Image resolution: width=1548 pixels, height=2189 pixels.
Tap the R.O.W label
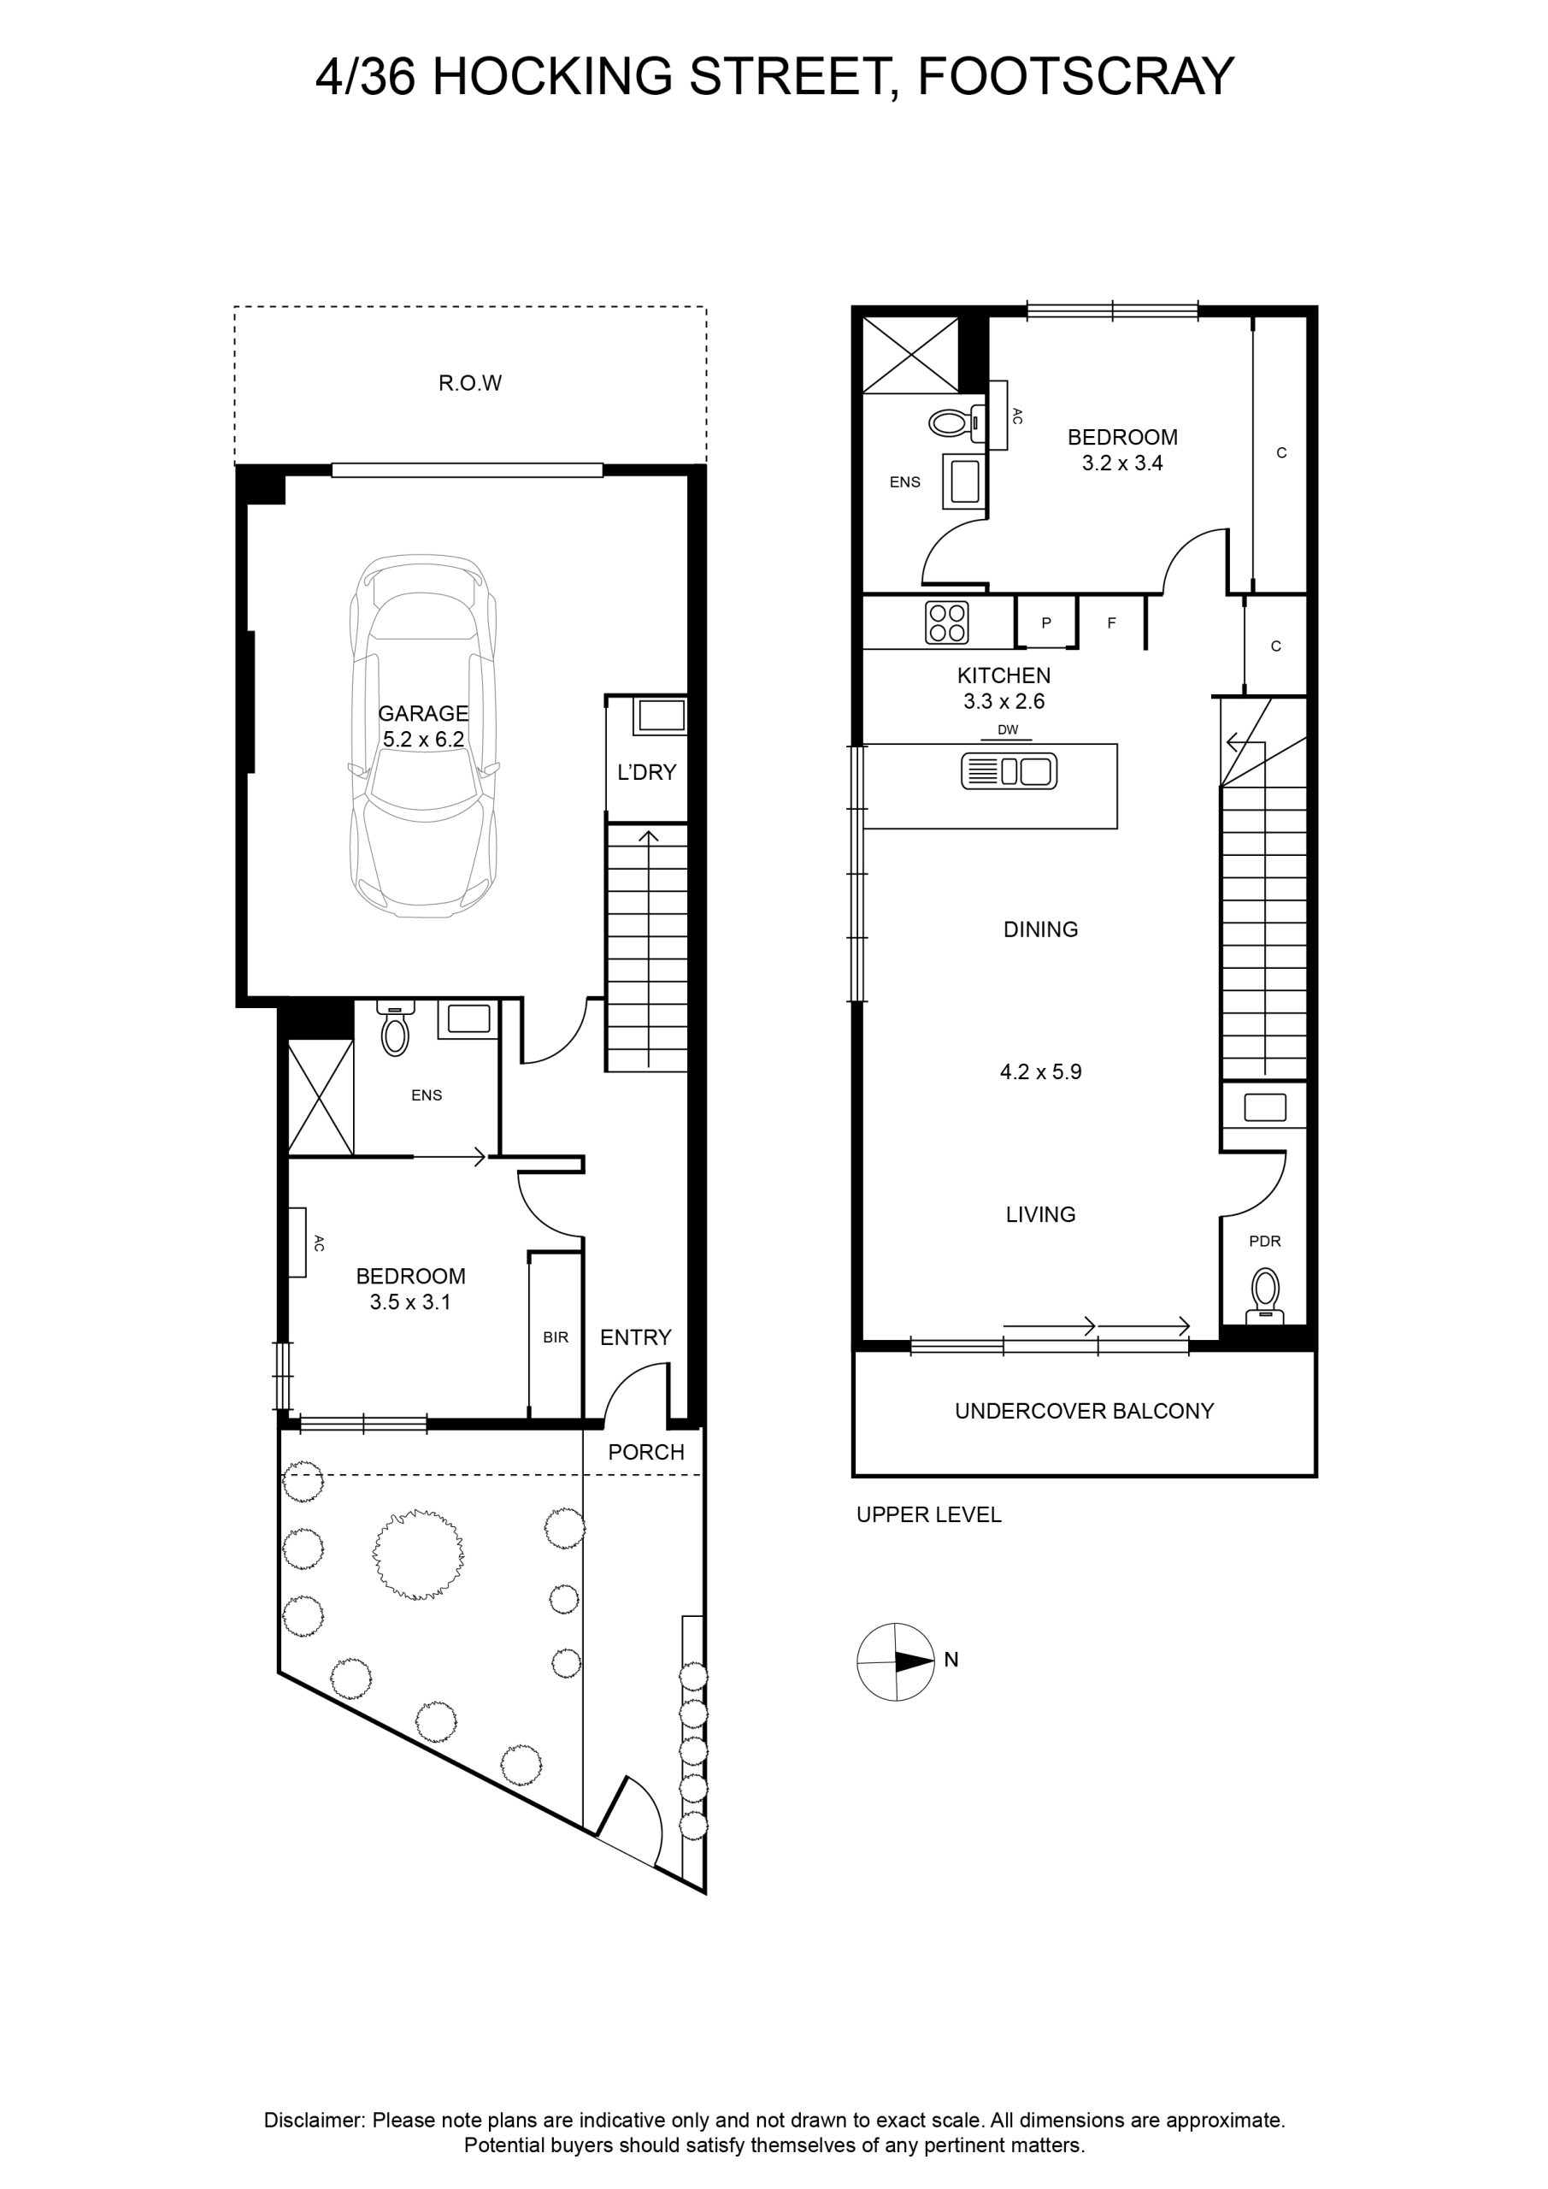470,383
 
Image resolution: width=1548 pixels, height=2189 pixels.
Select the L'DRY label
646,772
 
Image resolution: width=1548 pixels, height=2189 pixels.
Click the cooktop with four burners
947,622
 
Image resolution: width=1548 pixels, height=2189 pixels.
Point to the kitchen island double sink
1009,770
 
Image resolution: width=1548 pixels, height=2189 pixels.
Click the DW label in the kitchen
1008,730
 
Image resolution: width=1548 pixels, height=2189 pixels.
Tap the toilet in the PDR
1265,1295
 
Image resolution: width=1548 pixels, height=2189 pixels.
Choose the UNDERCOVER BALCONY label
1085,1411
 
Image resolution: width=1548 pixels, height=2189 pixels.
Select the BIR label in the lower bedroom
556,1337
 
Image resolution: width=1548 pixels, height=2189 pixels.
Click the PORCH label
646,1452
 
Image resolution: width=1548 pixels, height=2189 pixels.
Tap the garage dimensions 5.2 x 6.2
423,739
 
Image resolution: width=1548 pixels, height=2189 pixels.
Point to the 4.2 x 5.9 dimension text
1041,1071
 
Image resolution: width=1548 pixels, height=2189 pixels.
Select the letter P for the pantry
1045,622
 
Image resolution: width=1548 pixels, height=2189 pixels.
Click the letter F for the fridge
1111,622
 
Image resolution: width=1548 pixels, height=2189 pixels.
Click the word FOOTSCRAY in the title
1075,76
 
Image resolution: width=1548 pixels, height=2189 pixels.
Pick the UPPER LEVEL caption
928,1515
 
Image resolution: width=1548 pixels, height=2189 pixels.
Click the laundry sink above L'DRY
660,715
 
